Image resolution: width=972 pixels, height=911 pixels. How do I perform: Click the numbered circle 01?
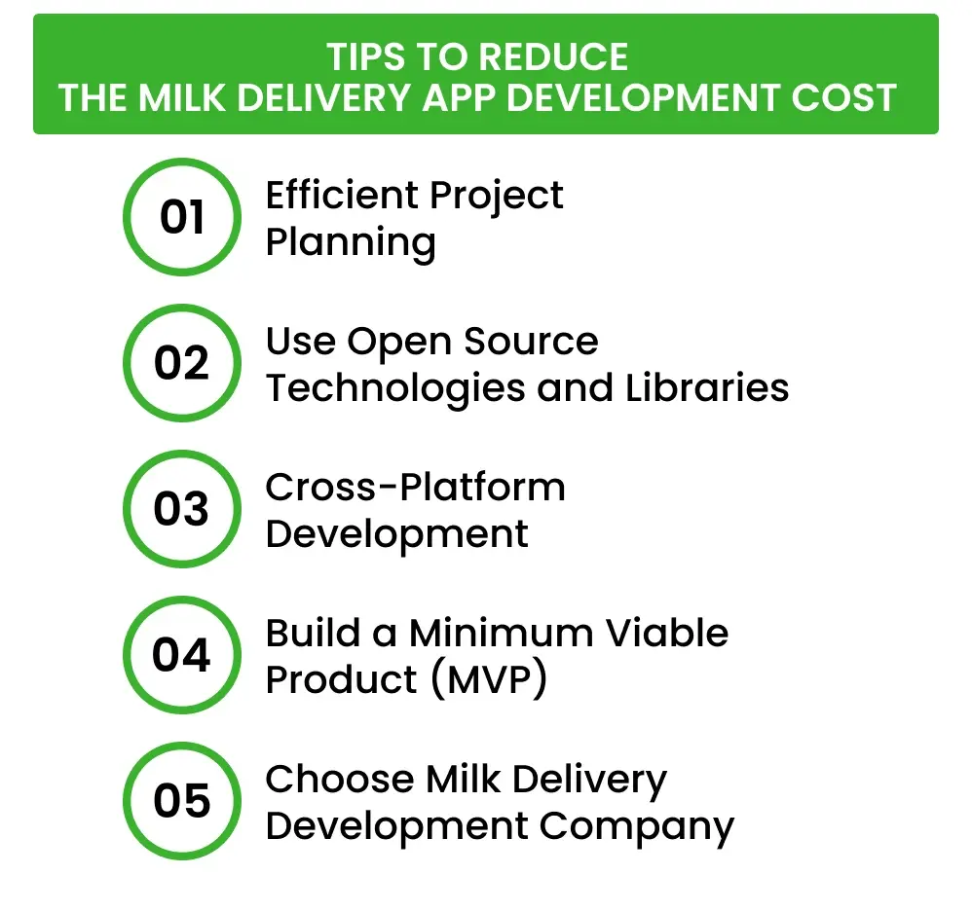(x=181, y=217)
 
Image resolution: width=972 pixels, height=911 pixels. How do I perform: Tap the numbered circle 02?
(x=181, y=363)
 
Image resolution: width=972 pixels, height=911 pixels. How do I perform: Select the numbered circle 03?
(x=181, y=509)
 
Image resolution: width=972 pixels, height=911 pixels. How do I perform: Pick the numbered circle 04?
(x=181, y=655)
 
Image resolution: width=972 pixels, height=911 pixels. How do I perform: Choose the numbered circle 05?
(x=181, y=801)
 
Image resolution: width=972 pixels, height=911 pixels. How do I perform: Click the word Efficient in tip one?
(x=339, y=196)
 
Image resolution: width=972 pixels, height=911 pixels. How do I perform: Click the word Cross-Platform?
(x=415, y=487)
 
